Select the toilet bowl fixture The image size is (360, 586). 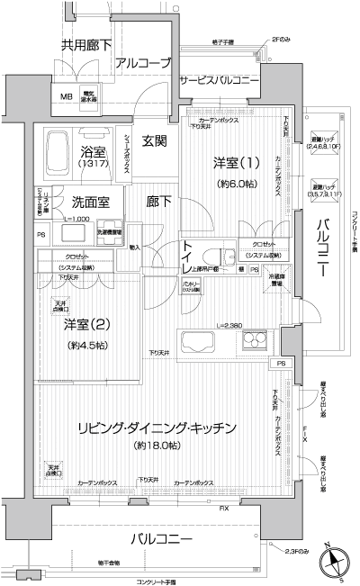tap(212, 254)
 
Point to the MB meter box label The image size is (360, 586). tap(67, 98)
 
